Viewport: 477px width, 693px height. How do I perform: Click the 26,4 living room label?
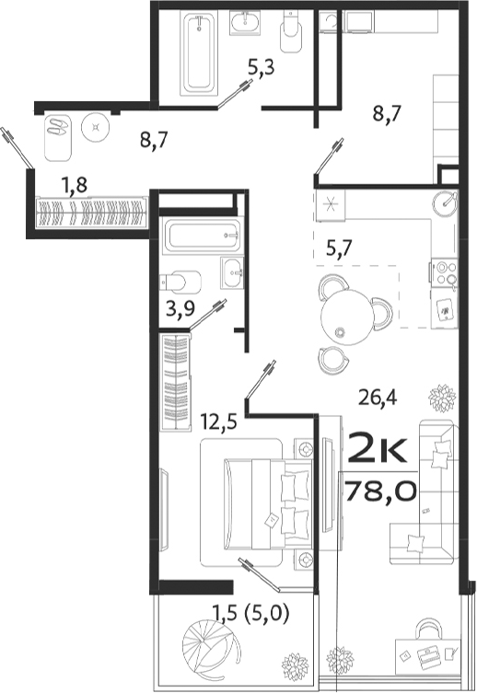[378, 398]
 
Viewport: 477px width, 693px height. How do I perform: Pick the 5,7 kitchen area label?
[342, 246]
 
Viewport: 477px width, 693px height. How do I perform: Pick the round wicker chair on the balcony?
[211, 644]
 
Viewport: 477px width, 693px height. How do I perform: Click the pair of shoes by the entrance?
[59, 126]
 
